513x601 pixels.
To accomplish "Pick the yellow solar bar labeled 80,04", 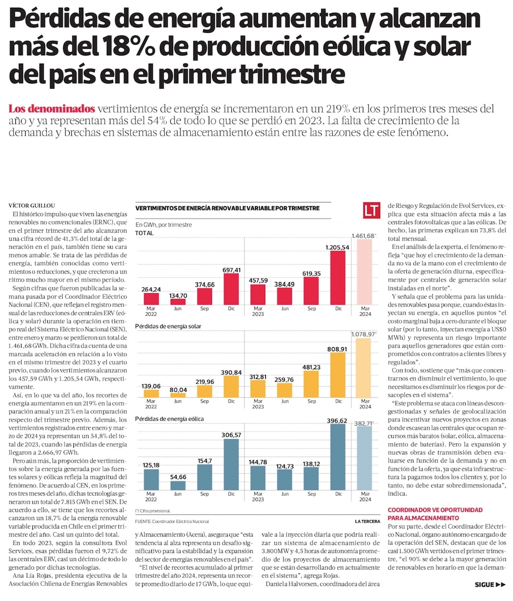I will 178,395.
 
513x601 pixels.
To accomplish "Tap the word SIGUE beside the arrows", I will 484,585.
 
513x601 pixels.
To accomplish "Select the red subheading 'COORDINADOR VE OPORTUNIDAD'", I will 435,510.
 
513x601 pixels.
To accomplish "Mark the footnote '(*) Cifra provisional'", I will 152,511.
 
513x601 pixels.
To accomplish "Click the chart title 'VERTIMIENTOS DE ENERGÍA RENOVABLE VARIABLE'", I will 227,208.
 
